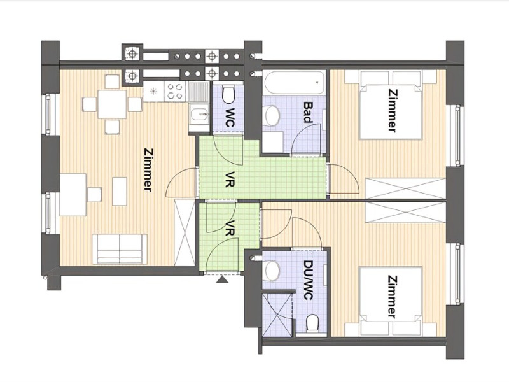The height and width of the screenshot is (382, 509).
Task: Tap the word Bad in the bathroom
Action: tap(308, 112)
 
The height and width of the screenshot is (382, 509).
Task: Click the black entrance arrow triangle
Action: tap(222, 279)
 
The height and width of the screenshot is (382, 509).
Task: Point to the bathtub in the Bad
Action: tap(295, 83)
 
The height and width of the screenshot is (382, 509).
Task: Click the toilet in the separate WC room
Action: tap(228, 94)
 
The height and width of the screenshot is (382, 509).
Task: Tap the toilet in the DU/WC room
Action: tap(312, 323)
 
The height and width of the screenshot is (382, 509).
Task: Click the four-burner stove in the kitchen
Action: tap(176, 91)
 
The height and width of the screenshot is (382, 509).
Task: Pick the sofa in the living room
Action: tap(120, 249)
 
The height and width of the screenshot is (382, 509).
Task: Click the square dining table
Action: tap(112, 104)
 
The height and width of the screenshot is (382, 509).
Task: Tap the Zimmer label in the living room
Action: tap(148, 170)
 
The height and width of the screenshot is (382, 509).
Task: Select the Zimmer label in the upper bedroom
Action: tap(392, 111)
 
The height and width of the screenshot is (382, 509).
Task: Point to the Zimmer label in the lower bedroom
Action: tap(392, 297)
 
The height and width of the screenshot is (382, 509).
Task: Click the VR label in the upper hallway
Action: tap(230, 178)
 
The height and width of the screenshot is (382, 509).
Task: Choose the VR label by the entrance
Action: tap(230, 228)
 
